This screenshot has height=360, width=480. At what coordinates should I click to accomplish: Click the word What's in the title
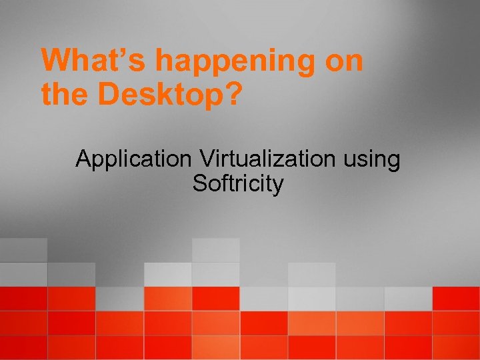(95, 61)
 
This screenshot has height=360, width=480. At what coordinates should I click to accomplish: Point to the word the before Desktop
(66, 95)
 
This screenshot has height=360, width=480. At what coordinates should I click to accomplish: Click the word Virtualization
(268, 160)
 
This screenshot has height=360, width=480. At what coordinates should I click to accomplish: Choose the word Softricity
(238, 183)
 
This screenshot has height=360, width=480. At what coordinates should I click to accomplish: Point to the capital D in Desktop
(107, 95)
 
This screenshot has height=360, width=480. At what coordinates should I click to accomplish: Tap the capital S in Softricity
(199, 183)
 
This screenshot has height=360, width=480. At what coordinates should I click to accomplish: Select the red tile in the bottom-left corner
(23, 347)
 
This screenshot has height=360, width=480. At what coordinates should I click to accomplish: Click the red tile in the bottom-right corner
(456, 347)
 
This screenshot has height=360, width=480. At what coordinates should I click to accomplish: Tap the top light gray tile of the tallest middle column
(215, 250)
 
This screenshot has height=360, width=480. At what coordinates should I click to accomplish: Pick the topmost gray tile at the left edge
(23, 250)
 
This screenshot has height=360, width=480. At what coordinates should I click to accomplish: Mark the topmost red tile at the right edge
(456, 298)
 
